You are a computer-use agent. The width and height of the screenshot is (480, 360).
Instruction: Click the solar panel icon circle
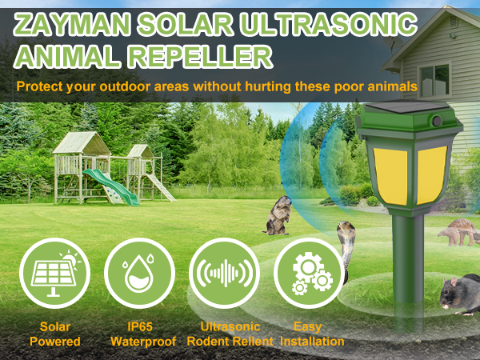pyautogui.click(x=54, y=274)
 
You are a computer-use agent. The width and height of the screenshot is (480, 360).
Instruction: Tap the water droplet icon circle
pyautogui.click(x=139, y=274)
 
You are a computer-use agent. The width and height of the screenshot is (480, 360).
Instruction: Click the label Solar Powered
pyautogui.click(x=54, y=334)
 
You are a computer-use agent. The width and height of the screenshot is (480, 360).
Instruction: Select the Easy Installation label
pyautogui.click(x=309, y=334)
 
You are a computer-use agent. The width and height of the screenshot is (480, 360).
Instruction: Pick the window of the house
pyautogui.click(x=434, y=80)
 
